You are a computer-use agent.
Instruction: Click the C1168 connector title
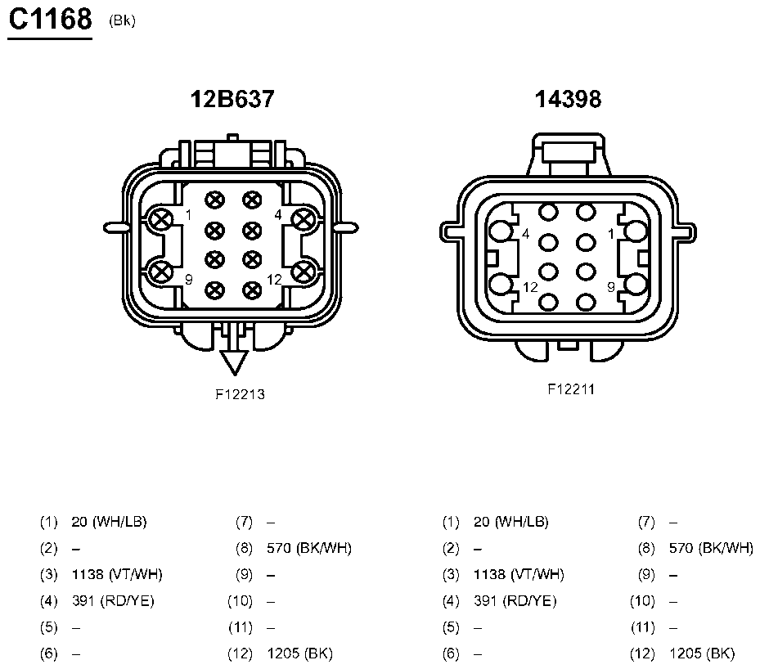coord(51,20)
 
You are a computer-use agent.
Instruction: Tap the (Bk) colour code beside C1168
coord(122,20)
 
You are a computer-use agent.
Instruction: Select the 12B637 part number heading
coord(232,99)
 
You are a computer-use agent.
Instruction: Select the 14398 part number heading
coord(568,99)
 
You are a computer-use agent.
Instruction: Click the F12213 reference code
coord(241,394)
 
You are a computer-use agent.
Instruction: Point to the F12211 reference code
coord(571,389)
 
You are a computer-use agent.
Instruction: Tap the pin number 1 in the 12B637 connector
coord(188,214)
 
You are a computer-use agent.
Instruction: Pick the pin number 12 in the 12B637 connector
coord(274,280)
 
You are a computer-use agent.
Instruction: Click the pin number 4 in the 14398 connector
coord(526,234)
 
